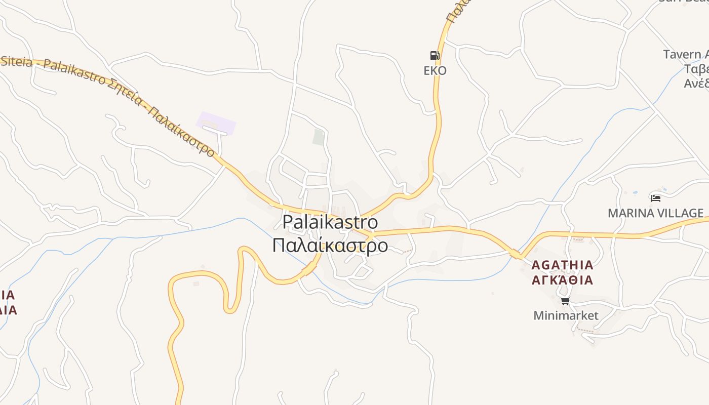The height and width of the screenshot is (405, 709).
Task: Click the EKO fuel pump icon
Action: tap(435, 56)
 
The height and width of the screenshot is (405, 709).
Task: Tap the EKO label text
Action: tap(435, 70)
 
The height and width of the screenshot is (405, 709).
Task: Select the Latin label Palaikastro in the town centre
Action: tap(330, 222)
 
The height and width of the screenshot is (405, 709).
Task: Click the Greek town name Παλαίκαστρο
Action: tap(330, 246)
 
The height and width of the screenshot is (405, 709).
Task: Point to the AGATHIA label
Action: tap(562, 265)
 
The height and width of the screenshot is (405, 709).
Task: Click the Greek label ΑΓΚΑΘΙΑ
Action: tap(562, 280)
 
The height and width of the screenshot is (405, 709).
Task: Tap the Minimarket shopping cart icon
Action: tap(566, 301)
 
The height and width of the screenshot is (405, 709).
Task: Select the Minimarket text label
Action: tap(566, 316)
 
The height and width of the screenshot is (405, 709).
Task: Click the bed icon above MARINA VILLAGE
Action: tap(656, 198)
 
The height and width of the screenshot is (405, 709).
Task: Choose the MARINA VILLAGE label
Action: tap(655, 213)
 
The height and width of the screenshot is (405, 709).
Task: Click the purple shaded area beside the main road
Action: tap(216, 123)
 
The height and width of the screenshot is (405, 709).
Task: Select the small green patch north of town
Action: tap(318, 137)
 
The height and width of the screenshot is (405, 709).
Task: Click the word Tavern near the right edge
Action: tap(681, 54)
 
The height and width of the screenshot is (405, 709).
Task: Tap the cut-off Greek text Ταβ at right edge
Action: tap(696, 69)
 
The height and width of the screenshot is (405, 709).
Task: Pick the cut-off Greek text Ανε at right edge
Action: tap(696, 83)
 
